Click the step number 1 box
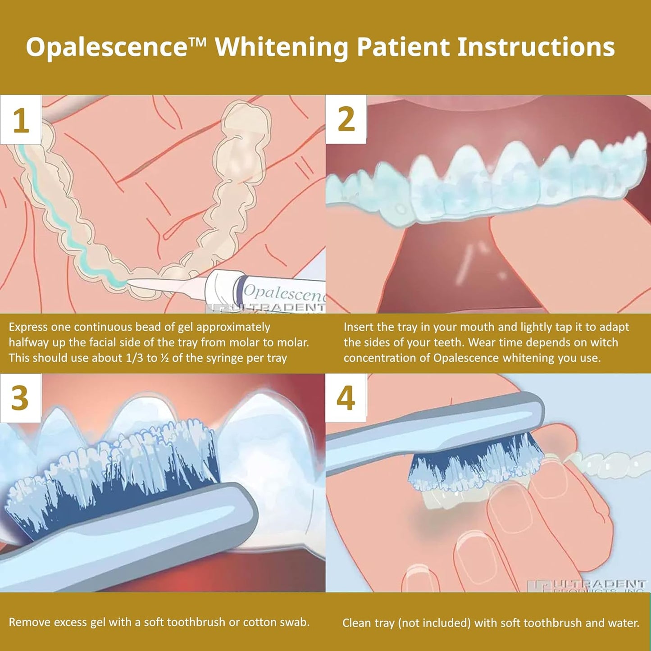(20, 120)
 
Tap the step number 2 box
(346, 120)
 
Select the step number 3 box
(20, 398)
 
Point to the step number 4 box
(346, 398)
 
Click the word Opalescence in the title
(106, 47)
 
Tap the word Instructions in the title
(536, 47)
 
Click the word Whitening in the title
(282, 47)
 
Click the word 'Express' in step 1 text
(28, 328)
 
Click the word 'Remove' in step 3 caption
(30, 622)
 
